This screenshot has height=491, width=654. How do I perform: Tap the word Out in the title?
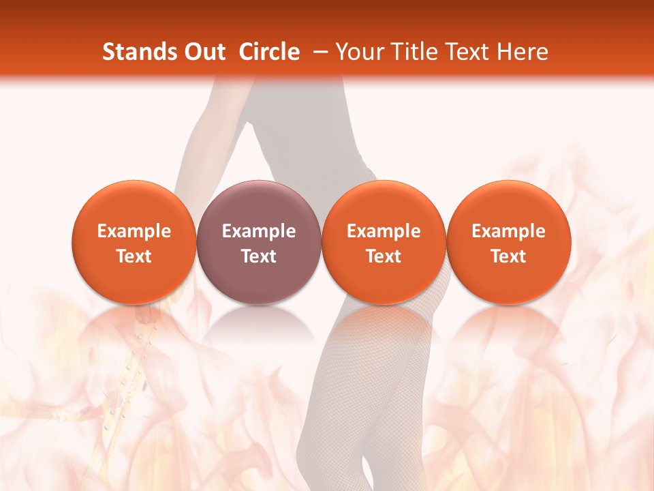tap(203, 52)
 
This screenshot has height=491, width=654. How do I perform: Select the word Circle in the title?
tap(269, 52)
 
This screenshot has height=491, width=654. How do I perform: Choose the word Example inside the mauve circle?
tap(258, 231)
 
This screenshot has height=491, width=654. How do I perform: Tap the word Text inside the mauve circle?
tap(258, 256)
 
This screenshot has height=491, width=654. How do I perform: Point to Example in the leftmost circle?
tap(134, 231)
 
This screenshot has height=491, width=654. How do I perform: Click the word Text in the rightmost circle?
tap(508, 256)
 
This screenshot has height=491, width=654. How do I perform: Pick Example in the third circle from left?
tap(384, 231)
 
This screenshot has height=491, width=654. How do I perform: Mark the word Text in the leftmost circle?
tap(134, 256)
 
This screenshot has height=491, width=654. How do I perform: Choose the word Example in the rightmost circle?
tap(508, 231)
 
